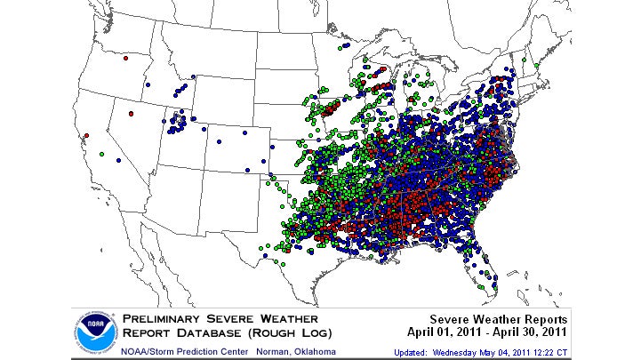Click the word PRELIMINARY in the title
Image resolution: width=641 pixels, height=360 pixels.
point(165,318)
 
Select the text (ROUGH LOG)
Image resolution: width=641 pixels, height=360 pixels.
point(292,333)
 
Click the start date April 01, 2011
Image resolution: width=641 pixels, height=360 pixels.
point(449,333)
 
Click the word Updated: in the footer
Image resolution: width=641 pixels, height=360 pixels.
point(414,352)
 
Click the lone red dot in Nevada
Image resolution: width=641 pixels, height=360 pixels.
point(131,114)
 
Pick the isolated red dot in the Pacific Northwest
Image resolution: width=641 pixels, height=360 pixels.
point(126,59)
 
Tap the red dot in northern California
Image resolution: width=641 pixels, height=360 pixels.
point(86,136)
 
